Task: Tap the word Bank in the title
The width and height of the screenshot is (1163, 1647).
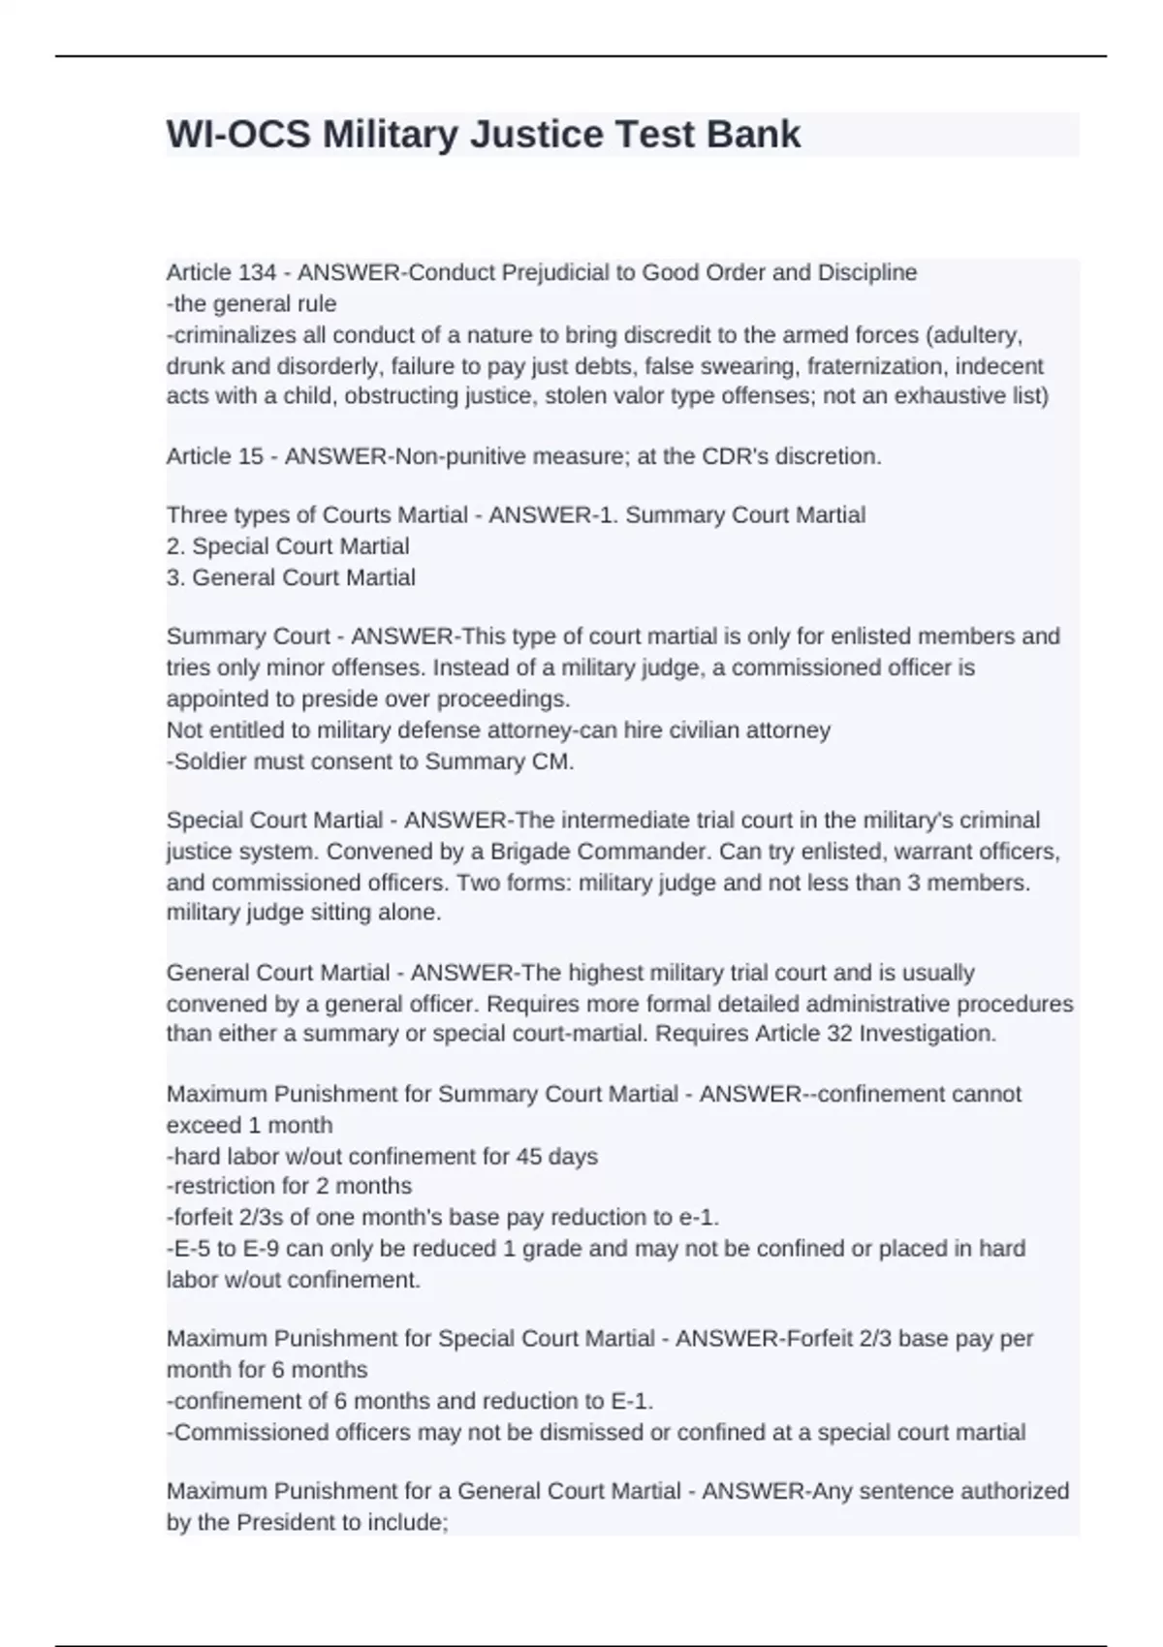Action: point(753,135)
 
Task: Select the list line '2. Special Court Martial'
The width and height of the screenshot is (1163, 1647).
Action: point(288,546)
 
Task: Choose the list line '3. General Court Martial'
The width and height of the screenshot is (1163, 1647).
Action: point(291,577)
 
